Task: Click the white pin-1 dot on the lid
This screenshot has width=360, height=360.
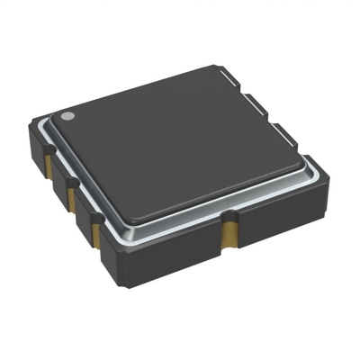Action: coord(67,116)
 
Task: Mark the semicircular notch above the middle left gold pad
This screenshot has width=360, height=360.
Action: coord(70,180)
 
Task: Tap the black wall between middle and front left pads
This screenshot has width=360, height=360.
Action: coord(82,216)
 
